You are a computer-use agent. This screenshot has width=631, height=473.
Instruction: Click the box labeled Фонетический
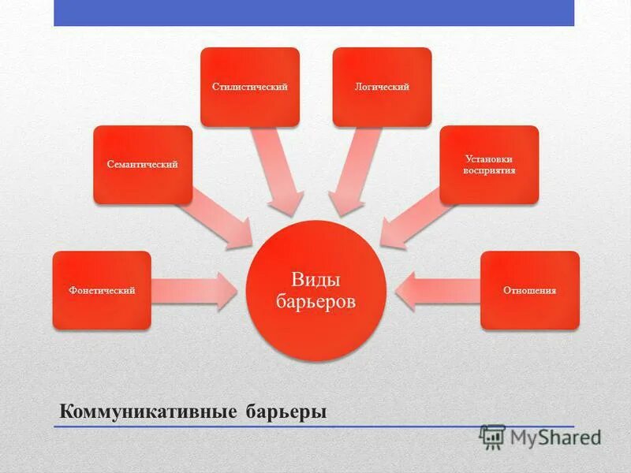pos(102,290)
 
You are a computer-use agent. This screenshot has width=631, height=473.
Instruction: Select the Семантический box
pos(143,165)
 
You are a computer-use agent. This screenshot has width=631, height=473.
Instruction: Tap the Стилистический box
pos(250,87)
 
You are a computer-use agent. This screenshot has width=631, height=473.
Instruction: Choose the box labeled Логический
pos(383,87)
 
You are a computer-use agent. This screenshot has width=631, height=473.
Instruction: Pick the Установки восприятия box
pos(489,165)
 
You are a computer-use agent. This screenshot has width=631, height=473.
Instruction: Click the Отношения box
pos(530,290)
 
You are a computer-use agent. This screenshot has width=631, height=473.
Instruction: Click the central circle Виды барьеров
pos(316,291)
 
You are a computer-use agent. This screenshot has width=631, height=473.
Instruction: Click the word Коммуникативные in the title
pos(136,412)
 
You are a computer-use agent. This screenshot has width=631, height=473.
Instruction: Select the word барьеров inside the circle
pos(316,302)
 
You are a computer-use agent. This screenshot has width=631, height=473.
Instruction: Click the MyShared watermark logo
pos(540,437)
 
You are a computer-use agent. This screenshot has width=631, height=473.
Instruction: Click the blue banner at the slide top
pos(314,13)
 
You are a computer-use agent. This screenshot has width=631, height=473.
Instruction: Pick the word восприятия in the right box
pos(489,170)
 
